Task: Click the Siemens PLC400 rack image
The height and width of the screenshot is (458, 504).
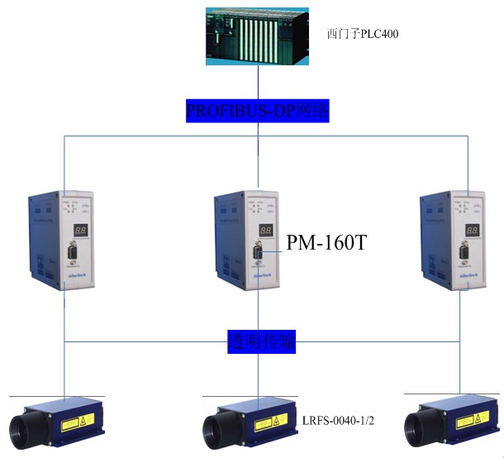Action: pyautogui.click(x=258, y=36)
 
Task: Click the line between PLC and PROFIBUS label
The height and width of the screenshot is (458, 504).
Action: pyautogui.click(x=259, y=83)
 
